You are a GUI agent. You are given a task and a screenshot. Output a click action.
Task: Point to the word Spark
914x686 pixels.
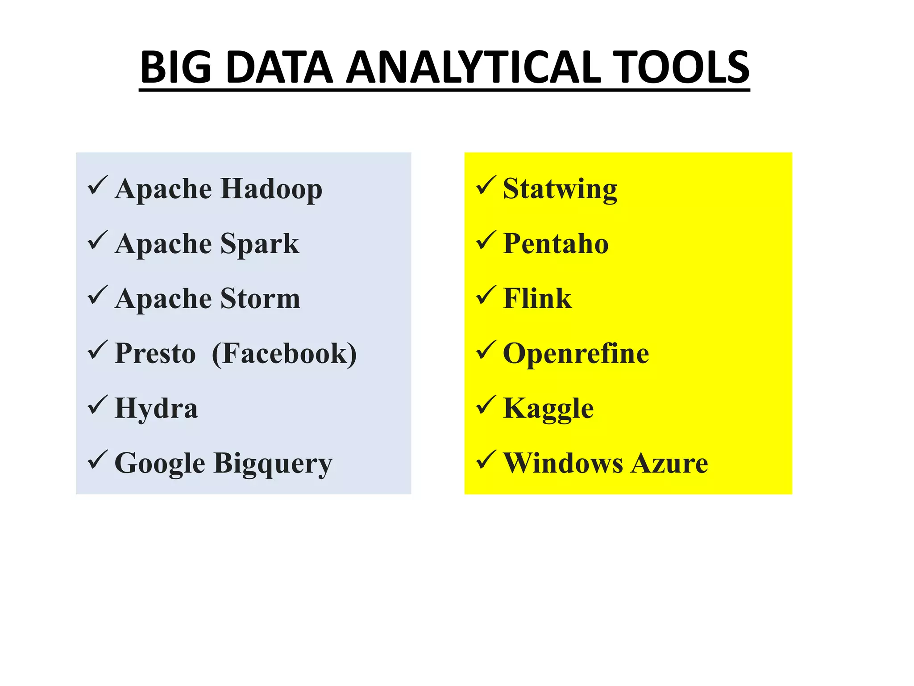pyautogui.click(x=260, y=244)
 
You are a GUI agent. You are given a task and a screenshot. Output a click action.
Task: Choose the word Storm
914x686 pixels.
pyautogui.click(x=260, y=298)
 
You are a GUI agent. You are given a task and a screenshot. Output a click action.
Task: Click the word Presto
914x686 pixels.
pyautogui.click(x=155, y=353)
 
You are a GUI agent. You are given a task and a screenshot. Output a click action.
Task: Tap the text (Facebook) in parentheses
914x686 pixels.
pyautogui.click(x=284, y=353)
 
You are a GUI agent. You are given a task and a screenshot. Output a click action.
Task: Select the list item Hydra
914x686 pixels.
pyautogui.click(x=156, y=408)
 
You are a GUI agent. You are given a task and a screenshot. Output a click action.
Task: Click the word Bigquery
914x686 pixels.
pyautogui.click(x=273, y=464)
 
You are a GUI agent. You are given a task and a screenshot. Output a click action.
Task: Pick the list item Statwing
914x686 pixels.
pyautogui.click(x=560, y=189)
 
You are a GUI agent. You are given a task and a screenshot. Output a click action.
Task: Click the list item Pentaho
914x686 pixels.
pyautogui.click(x=556, y=244)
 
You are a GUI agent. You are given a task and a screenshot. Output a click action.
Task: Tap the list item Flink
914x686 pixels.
pyautogui.click(x=537, y=298)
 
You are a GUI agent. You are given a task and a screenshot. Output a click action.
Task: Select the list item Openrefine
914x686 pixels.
pyautogui.click(x=576, y=353)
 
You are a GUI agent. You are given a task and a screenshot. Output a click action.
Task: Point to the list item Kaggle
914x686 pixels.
pyautogui.click(x=548, y=408)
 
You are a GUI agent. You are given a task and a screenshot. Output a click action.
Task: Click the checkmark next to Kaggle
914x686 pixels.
pyautogui.click(x=486, y=405)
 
